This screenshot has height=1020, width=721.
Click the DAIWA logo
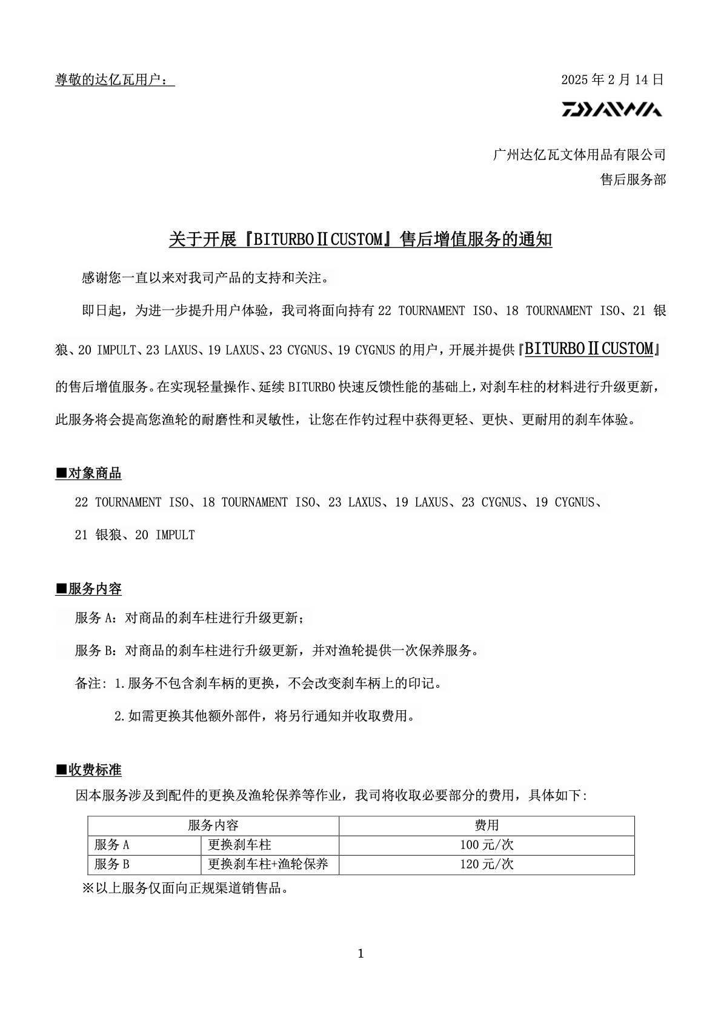point(611,110)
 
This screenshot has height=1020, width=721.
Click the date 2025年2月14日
point(613,79)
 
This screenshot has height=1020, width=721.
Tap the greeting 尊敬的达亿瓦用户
point(114,79)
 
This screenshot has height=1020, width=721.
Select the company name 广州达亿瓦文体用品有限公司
point(579,155)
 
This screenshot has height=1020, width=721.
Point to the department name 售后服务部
point(633,179)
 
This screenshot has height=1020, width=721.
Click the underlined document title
point(360,240)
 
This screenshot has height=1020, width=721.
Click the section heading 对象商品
point(88,473)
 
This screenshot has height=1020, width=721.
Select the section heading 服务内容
point(88,588)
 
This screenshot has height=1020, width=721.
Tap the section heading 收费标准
point(88,770)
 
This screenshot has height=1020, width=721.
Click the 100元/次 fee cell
point(487,845)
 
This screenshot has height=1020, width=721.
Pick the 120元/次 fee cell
point(487,864)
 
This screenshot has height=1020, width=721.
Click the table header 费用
point(487,825)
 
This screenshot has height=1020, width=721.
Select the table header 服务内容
point(213,825)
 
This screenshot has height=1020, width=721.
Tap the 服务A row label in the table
point(112,845)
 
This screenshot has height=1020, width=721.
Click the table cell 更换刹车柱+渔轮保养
point(268,864)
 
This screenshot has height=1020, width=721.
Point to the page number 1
point(360,954)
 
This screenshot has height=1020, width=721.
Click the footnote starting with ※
point(185,888)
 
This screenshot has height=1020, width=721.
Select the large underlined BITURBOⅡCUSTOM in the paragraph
point(589,349)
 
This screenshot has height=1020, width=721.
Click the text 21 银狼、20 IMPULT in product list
point(135,535)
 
